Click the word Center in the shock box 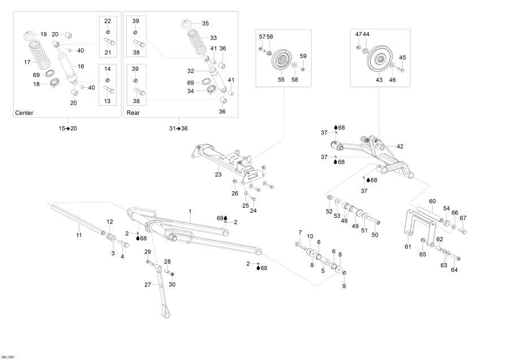coord(24,113)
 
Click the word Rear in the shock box coord(132,113)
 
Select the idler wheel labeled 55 coord(281,60)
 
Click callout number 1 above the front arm coord(190,211)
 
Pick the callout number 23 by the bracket coord(218,175)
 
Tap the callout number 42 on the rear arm coord(400,147)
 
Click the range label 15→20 coord(67,128)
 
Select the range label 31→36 coord(179,128)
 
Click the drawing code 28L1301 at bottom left coord(9,356)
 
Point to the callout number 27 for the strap coord(147,285)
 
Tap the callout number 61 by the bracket coord(407,246)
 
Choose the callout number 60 coord(432,202)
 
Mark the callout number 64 coord(454,270)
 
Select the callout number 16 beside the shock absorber coord(81,66)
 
